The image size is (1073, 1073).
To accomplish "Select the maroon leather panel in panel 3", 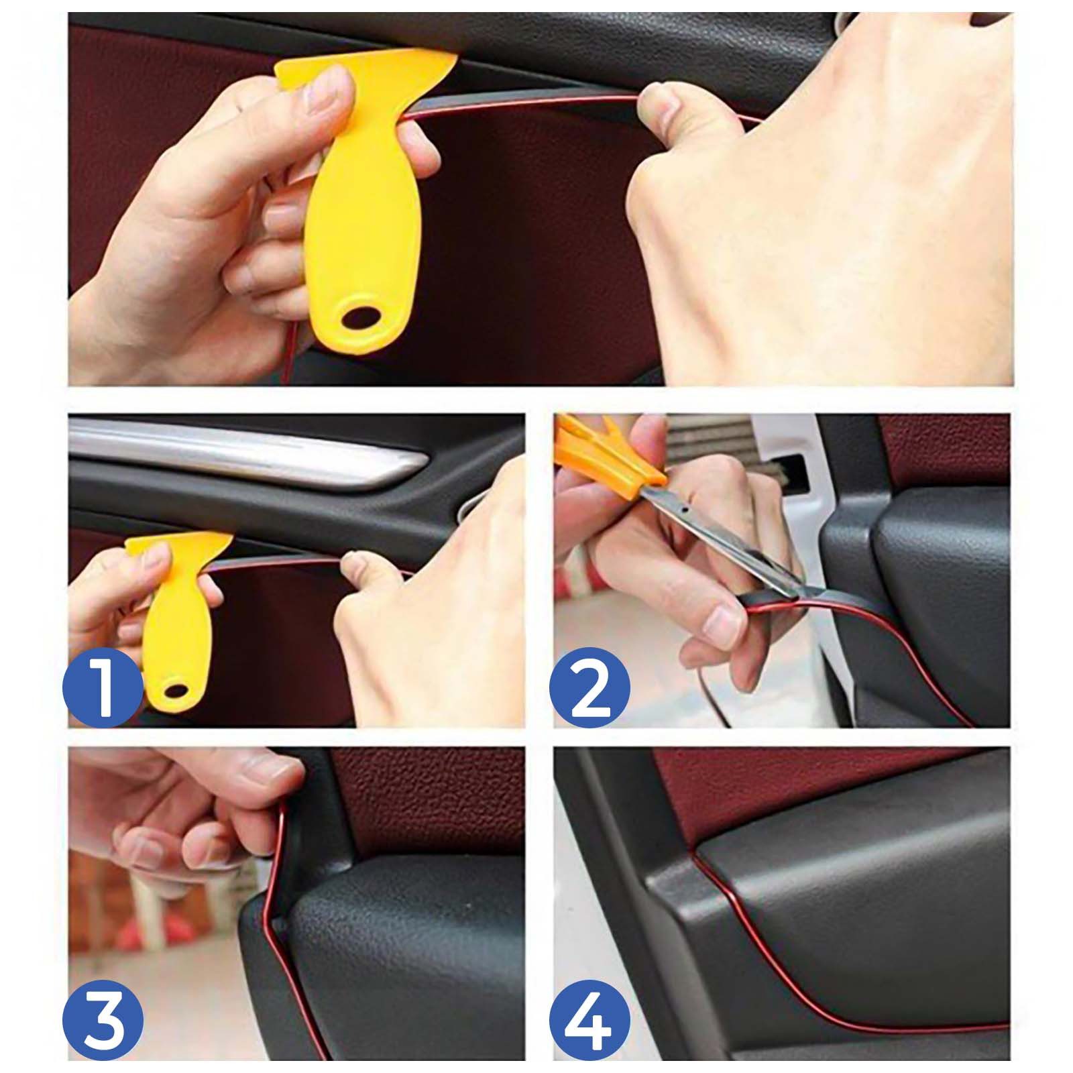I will click(x=429, y=798).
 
